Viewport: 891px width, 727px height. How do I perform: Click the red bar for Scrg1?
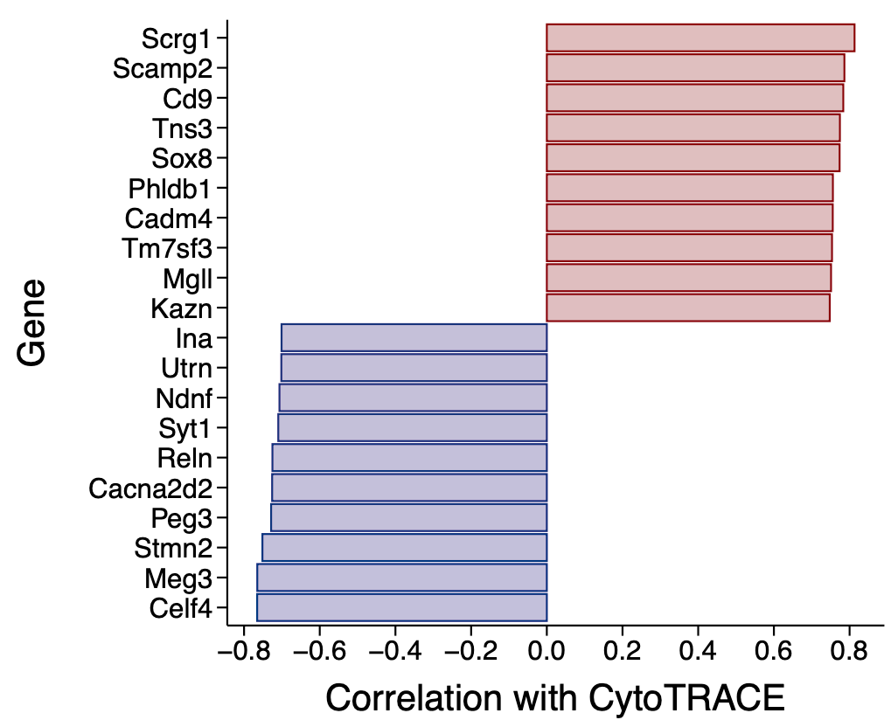(x=700, y=38)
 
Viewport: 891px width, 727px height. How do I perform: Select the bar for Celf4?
(x=401, y=607)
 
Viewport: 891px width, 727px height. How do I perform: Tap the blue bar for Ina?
(x=414, y=337)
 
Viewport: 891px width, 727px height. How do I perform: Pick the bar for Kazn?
(x=687, y=308)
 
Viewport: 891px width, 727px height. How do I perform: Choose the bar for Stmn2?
(x=404, y=548)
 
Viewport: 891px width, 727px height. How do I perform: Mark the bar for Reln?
(x=409, y=458)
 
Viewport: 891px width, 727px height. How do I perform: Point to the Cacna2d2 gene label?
(x=150, y=488)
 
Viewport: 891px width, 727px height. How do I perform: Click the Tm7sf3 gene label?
(x=167, y=249)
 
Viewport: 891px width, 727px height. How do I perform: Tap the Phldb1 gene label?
(x=170, y=189)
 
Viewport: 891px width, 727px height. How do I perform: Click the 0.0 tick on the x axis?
(x=546, y=651)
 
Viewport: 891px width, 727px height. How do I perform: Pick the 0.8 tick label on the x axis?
(x=848, y=651)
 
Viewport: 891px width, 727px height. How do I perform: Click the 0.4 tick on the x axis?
(x=697, y=651)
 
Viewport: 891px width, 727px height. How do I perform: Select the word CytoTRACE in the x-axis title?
(x=686, y=699)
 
